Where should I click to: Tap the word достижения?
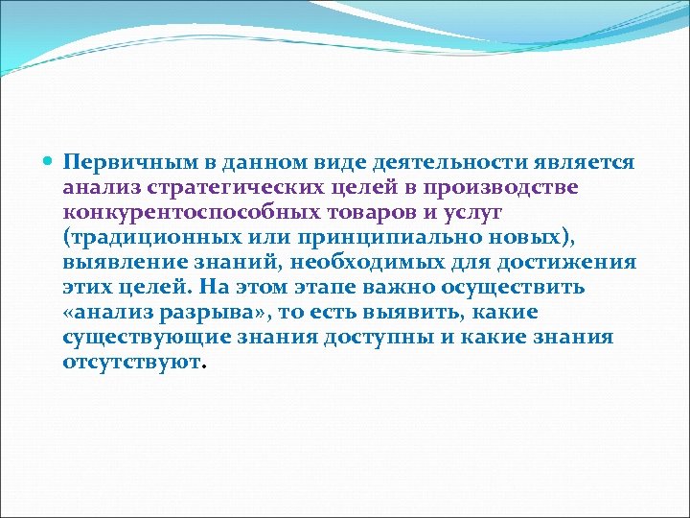[x=572, y=263]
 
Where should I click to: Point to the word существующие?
[x=147, y=338]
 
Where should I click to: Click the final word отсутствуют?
[x=134, y=363]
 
